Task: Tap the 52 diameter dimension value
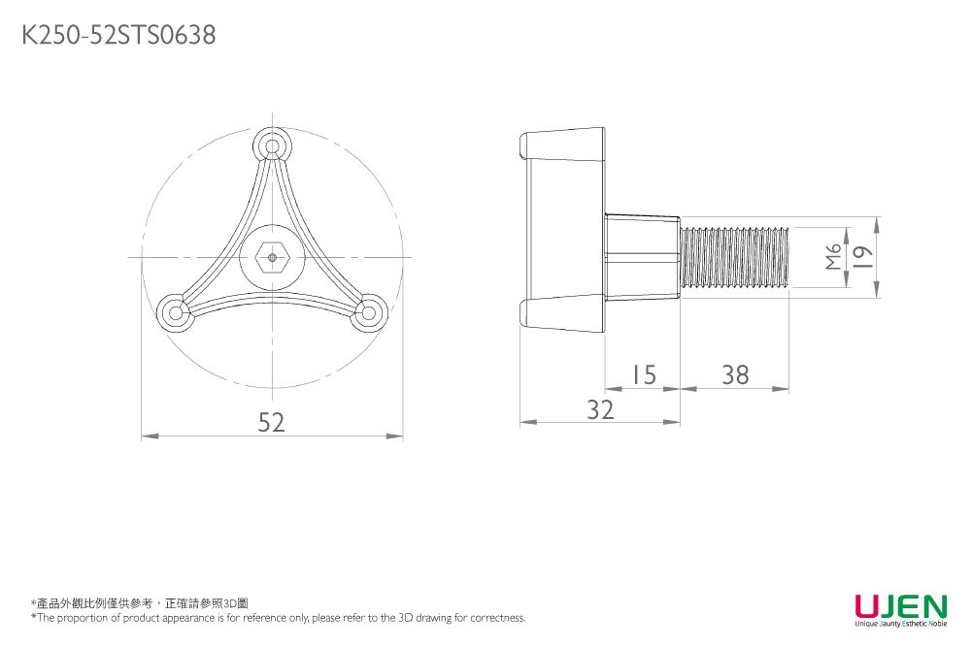(x=272, y=422)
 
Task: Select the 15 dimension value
(x=641, y=374)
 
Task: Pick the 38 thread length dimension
(x=735, y=374)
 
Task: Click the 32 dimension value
(x=600, y=409)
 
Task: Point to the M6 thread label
(x=833, y=257)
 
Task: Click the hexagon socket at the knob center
(x=273, y=257)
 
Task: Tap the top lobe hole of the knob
(x=273, y=147)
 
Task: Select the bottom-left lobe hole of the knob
(x=176, y=312)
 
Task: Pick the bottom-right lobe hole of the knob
(x=368, y=312)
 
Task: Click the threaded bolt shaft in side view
(x=734, y=257)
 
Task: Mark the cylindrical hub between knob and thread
(x=641, y=257)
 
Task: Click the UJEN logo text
(x=900, y=606)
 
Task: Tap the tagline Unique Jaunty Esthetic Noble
(x=900, y=625)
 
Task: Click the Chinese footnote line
(x=140, y=603)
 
